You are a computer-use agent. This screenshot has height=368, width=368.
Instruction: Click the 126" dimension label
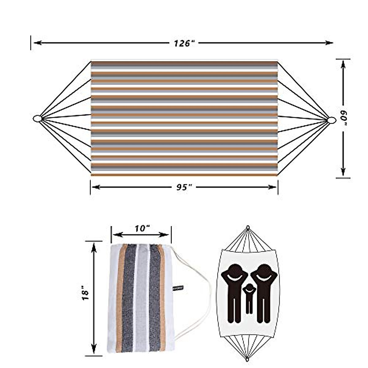[x=185, y=43]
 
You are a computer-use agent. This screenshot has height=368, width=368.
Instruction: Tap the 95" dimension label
[x=184, y=187]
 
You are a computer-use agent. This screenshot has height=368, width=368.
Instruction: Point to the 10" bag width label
[x=142, y=228]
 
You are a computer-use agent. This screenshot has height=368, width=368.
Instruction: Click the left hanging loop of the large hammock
[x=37, y=118]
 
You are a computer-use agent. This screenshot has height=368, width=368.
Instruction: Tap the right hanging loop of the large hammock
[x=331, y=120]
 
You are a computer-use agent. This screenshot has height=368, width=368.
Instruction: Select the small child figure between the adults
[x=249, y=297]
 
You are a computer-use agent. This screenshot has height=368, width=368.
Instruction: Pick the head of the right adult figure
[x=264, y=270]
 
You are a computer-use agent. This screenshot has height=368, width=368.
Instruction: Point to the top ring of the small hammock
[x=248, y=228]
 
